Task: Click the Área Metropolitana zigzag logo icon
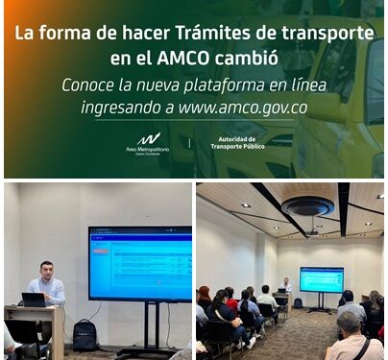pyautogui.click(x=148, y=139)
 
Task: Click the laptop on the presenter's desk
pyautogui.click(x=34, y=300)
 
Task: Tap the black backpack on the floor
pyautogui.click(x=85, y=335)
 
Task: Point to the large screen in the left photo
pyautogui.click(x=139, y=264)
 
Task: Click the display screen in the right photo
pyautogui.click(x=321, y=279)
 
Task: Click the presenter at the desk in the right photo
pyautogui.click(x=285, y=285)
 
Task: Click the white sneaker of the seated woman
pyautogui.click(x=252, y=343)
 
